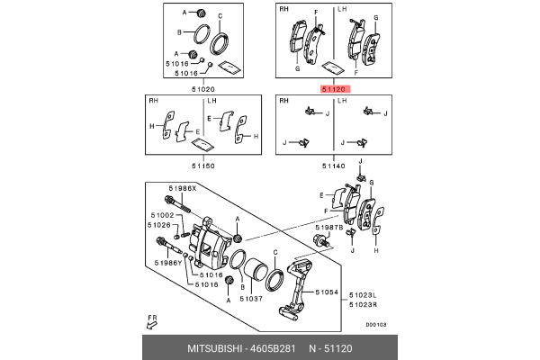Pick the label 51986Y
click(x=167, y=263)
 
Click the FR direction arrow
click(x=152, y=320)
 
